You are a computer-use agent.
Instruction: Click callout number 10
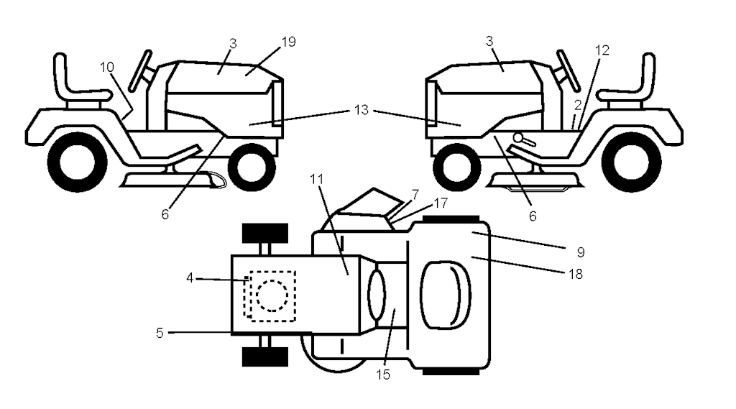tap(107, 67)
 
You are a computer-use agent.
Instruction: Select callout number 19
tap(289, 42)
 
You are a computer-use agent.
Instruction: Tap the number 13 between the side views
tap(361, 110)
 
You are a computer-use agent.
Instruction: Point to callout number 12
tap(602, 50)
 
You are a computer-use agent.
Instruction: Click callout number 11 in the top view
tap(317, 179)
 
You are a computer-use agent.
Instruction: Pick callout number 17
tap(441, 203)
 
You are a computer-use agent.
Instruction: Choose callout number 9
tap(581, 252)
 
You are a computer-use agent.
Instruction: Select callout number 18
tap(576, 274)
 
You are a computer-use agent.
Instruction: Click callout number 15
tap(383, 374)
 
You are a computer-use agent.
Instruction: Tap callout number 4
tap(190, 278)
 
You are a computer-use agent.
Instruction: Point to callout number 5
tap(160, 333)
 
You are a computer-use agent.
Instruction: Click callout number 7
tap(415, 194)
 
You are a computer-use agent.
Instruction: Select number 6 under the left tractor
tap(165, 214)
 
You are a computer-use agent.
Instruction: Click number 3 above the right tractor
tap(489, 41)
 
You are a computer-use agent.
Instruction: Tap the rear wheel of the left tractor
tap(78, 162)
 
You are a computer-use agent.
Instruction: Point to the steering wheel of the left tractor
tap(140, 70)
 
